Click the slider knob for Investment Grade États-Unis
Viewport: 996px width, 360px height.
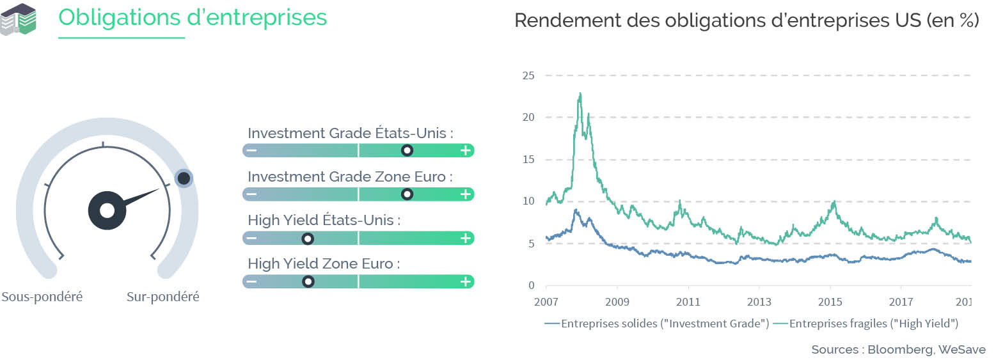point(407,151)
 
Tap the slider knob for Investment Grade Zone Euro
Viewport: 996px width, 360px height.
point(407,194)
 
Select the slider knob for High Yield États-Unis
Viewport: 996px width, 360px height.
point(308,239)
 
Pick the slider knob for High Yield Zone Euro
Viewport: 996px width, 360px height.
point(308,281)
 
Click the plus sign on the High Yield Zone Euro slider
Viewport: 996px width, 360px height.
point(466,281)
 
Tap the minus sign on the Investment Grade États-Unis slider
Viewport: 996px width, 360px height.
point(251,151)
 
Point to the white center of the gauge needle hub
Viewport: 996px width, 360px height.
point(107,210)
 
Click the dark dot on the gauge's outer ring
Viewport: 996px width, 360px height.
point(184,178)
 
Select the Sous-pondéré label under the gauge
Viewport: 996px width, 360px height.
point(42,297)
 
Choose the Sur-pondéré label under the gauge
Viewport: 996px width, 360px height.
point(162,297)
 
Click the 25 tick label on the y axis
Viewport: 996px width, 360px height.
point(528,75)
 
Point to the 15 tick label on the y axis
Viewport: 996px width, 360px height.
point(528,159)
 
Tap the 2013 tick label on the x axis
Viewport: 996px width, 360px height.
point(759,302)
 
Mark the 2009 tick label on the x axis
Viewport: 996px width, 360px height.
point(617,302)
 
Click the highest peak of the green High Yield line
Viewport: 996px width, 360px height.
point(580,93)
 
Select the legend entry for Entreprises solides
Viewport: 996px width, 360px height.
point(657,324)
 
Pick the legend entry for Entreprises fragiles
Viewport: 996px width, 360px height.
point(866,324)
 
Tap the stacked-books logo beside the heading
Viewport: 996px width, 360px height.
point(18,19)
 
